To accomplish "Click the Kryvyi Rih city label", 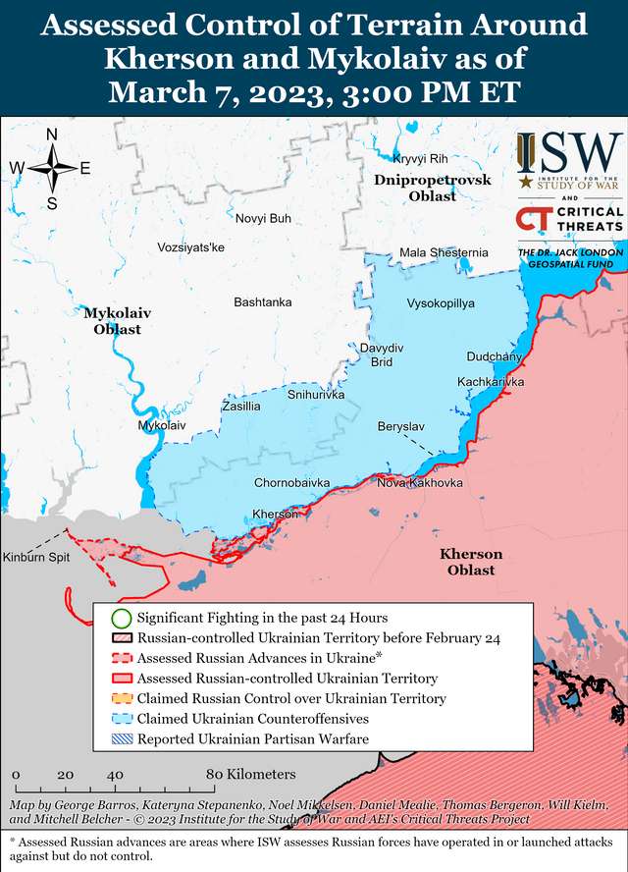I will pyautogui.click(x=420, y=159).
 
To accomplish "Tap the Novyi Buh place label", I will pyautogui.click(x=263, y=218).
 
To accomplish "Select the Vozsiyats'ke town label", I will pyautogui.click(x=190, y=247).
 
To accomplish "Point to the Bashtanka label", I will pyautogui.click(x=262, y=302).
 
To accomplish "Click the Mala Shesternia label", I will pyautogui.click(x=444, y=253).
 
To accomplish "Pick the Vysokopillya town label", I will pyautogui.click(x=441, y=304).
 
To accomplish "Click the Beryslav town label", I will pyautogui.click(x=401, y=427).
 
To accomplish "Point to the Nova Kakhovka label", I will pyautogui.click(x=420, y=483).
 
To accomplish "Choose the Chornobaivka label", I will pyautogui.click(x=291, y=483).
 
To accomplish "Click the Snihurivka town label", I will pyautogui.click(x=316, y=395).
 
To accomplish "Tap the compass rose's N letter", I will pyautogui.click(x=52, y=135).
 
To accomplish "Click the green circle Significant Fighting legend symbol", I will pyautogui.click(x=121, y=619).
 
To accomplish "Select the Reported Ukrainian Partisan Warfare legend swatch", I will pyautogui.click(x=121, y=739).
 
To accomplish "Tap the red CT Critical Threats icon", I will pyautogui.click(x=534, y=219).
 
